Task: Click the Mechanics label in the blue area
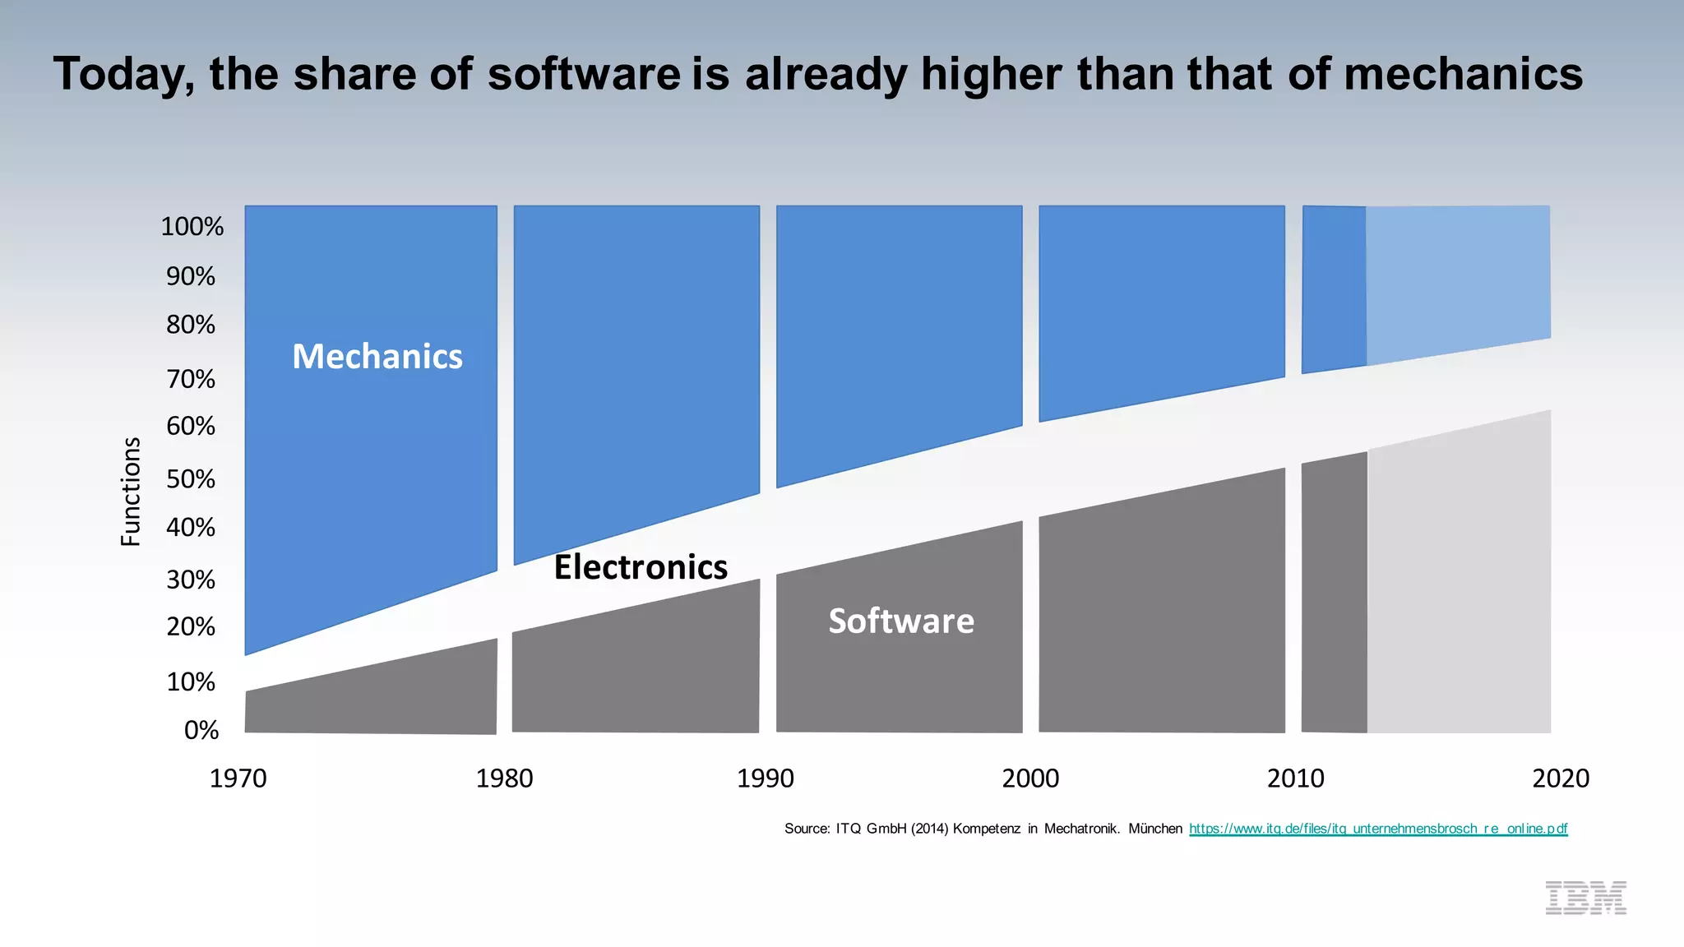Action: pos(377,357)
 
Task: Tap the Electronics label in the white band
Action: pos(641,567)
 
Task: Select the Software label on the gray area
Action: pos(901,621)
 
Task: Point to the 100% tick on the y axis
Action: pos(192,227)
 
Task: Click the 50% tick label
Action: pos(191,479)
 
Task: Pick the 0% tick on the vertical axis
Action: pos(201,730)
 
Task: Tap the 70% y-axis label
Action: pos(191,379)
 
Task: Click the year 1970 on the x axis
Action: pos(238,778)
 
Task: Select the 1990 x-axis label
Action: pos(765,778)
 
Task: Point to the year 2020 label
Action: pos(1560,778)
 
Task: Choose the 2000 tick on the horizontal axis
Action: pos(1029,778)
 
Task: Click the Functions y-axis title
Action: pos(131,492)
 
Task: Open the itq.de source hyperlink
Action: pos(1378,829)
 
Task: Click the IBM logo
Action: pos(1585,898)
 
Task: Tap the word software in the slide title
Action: pos(584,74)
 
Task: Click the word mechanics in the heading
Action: pos(1463,74)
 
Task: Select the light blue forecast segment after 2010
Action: pos(1457,279)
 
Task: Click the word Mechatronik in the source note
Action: pos(1081,829)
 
